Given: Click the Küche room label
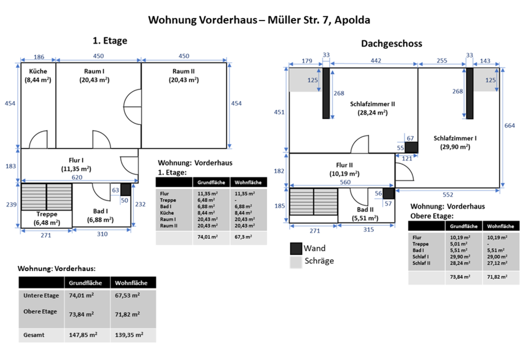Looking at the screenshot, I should [x=38, y=71].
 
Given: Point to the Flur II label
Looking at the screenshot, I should [x=344, y=165].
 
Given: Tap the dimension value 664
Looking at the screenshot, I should [x=510, y=126].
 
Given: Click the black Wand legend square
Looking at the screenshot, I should [x=296, y=248].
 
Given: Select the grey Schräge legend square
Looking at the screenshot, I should [x=296, y=261].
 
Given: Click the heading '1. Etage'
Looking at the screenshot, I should [x=110, y=40].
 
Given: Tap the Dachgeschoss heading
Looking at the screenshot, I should [x=392, y=43].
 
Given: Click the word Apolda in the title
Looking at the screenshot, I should [x=353, y=20].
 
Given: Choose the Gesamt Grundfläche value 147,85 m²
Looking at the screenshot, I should [x=83, y=335].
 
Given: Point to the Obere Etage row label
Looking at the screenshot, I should [x=40, y=311].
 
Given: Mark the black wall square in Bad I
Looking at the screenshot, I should [x=126, y=189].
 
